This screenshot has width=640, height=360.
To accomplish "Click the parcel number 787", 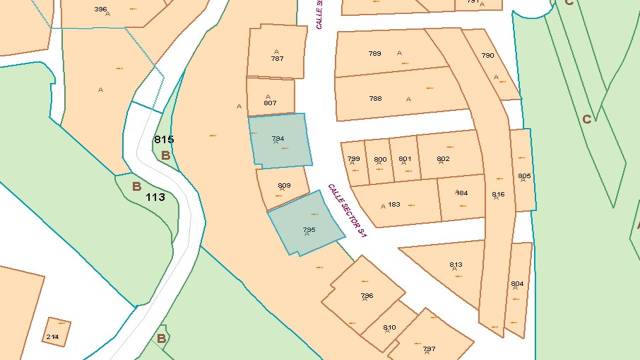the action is coord(277,59).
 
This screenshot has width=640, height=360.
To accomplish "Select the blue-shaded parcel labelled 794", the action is coord(279,142).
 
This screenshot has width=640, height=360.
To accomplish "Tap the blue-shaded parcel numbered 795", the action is coord(306,223).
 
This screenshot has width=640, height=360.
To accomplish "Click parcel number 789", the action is coord(375,53).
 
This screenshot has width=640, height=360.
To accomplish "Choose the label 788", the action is coord(375,98).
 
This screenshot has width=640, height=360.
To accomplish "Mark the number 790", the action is coord(488,56).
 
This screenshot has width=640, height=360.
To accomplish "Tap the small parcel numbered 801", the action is coord(405,159).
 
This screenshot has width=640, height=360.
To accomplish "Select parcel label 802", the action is coord(443,159).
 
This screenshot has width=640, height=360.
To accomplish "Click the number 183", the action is coord(394,204).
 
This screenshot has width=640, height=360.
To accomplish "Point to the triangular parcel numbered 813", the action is coord(456,264).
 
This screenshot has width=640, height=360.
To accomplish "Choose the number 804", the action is coord(517,284).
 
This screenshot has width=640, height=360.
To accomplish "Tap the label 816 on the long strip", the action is coord(498,194).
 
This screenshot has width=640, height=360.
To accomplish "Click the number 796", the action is coord(366,296).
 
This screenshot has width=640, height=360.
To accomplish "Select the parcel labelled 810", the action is coord(389,327).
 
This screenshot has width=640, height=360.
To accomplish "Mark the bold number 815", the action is coord(165,140).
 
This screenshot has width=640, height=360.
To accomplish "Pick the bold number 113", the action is coord(155,197).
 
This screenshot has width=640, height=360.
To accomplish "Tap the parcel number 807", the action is coord(270,103).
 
